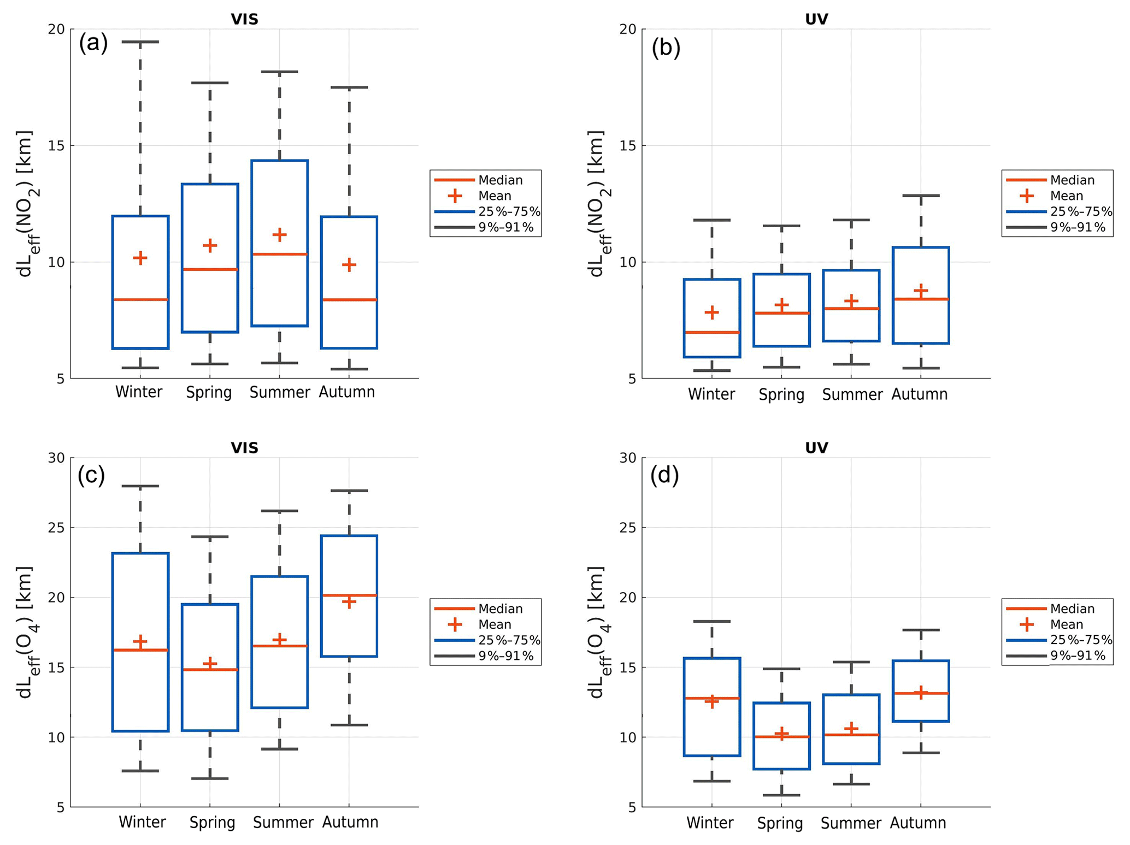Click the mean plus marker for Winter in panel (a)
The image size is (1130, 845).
click(140, 258)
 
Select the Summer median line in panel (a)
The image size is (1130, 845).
click(279, 254)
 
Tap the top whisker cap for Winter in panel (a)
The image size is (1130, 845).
click(140, 42)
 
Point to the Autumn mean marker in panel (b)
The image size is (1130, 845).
click(921, 290)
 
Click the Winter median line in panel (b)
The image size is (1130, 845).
click(711, 332)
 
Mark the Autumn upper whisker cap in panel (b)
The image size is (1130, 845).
click(921, 196)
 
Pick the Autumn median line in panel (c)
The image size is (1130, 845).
click(349, 595)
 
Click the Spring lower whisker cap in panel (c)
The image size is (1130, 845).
click(210, 778)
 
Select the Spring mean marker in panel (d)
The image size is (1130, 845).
click(781, 733)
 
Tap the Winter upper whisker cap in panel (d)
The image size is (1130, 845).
click(711, 622)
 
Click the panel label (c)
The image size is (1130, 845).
click(91, 475)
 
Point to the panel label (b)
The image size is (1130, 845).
click(666, 48)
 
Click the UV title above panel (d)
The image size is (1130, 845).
click(816, 448)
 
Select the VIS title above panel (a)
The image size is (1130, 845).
click(244, 19)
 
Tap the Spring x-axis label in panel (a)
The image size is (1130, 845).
click(209, 392)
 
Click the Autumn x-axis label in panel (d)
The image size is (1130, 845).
click(918, 823)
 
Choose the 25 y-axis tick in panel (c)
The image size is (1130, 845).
click(56, 528)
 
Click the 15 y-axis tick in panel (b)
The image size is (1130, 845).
click(628, 146)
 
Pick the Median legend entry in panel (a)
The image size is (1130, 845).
click(500, 180)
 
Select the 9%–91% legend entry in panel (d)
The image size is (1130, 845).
click(1078, 655)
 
